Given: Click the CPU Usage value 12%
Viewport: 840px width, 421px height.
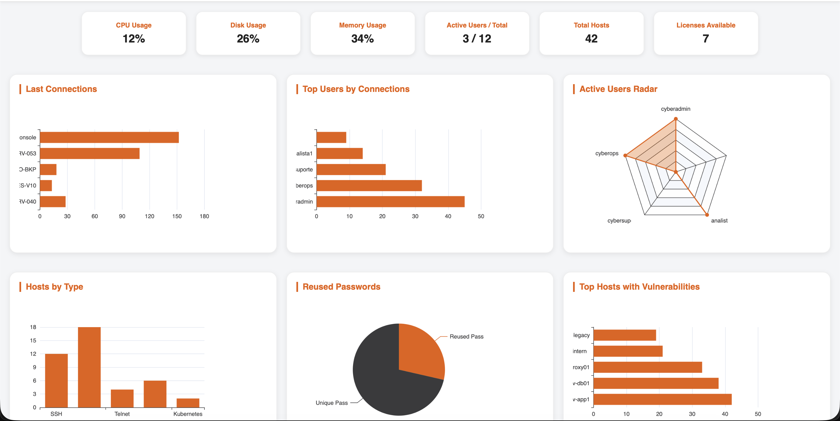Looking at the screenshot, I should [134, 39].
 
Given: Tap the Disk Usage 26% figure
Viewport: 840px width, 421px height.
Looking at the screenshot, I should [248, 39].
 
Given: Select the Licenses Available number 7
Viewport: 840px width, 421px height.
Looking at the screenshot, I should [706, 39].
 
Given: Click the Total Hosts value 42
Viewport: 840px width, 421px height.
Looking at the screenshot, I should [591, 39].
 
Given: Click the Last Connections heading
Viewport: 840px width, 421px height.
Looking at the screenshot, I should [61, 89].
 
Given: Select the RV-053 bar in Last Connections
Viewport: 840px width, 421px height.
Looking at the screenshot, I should [90, 153].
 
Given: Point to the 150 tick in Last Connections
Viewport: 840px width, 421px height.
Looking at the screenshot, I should [177, 216].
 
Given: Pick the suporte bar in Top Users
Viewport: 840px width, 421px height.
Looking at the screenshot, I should [351, 170].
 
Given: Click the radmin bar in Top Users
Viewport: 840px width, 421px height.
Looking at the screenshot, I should [390, 202].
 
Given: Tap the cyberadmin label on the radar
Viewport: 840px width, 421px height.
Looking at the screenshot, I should [675, 109].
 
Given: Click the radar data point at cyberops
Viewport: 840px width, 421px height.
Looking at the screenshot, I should [625, 155].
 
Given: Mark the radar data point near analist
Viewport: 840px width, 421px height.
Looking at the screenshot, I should [707, 215].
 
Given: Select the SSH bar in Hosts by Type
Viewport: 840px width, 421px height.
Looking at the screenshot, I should [56, 380].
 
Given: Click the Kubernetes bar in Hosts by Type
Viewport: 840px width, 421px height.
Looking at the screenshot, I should [188, 403].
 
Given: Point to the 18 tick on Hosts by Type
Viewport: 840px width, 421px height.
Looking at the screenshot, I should [33, 327].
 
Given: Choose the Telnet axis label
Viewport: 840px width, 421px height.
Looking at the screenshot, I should [122, 414].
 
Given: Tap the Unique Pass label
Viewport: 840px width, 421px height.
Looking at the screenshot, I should [331, 403].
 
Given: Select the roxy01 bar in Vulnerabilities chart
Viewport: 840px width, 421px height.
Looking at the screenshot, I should [647, 367].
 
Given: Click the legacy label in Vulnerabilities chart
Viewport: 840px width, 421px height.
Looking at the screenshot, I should [581, 335].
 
